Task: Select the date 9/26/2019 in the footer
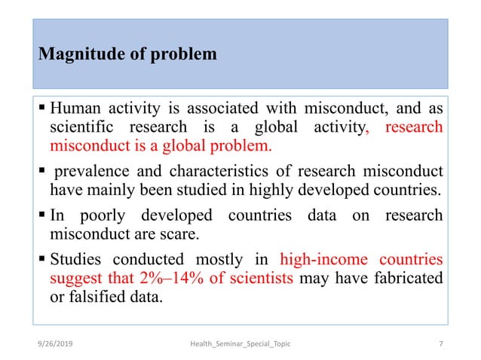click(60, 344)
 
